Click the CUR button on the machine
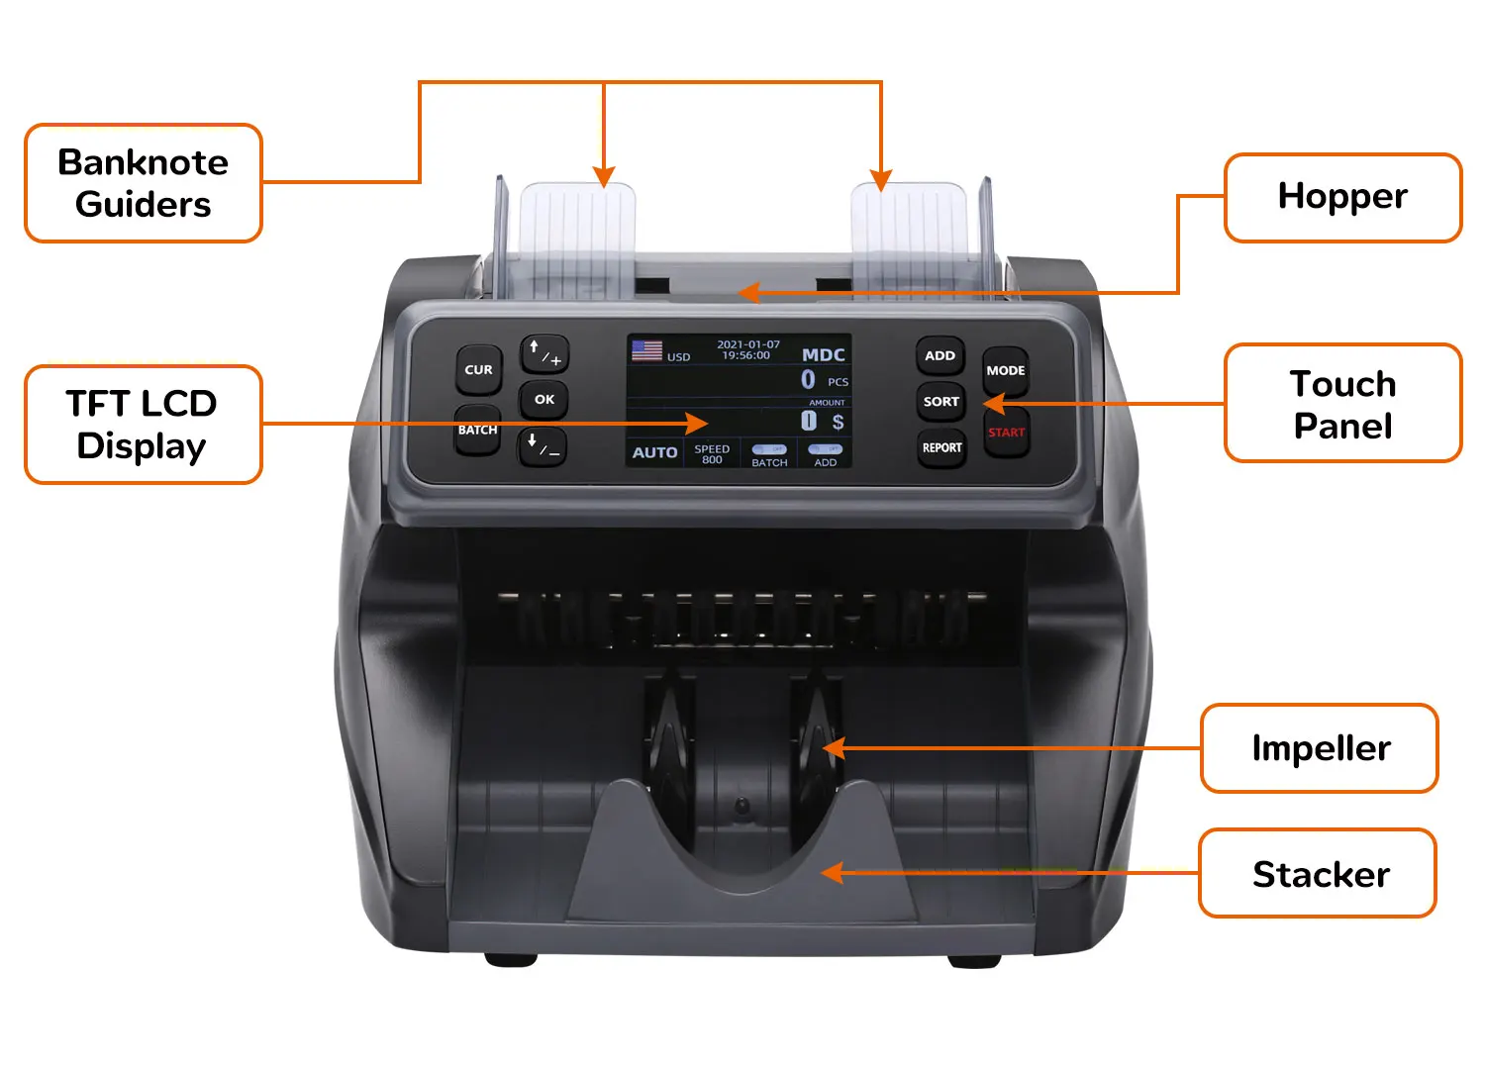(478, 370)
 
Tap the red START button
(1006, 433)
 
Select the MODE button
(1005, 370)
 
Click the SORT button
(940, 401)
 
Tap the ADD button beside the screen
(940, 355)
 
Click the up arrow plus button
(544, 353)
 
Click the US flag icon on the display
(646, 350)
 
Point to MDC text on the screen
(823, 354)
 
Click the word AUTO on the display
(654, 452)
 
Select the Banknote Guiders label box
(144, 183)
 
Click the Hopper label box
(1342, 197)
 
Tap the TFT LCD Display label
(143, 425)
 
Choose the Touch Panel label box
(1342, 404)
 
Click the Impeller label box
(1320, 748)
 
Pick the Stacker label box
(1319, 874)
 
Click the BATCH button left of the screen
(477, 431)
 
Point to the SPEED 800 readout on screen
(712, 453)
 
